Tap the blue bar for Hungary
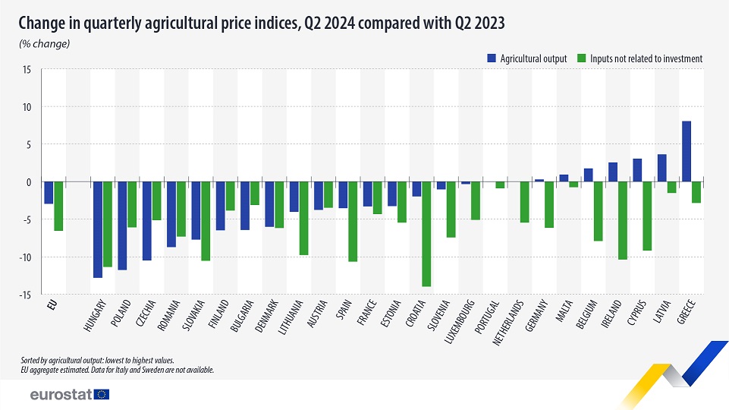(x=98, y=229)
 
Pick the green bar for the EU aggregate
(x=58, y=206)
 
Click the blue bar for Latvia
(x=661, y=168)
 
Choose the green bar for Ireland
(x=623, y=220)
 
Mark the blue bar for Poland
(x=122, y=225)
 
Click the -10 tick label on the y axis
(x=25, y=257)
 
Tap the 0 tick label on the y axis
(x=29, y=182)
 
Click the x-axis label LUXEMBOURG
(x=464, y=322)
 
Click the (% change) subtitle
(x=45, y=44)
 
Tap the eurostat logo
(x=69, y=394)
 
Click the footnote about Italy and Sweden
(x=118, y=370)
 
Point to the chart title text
(x=262, y=24)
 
